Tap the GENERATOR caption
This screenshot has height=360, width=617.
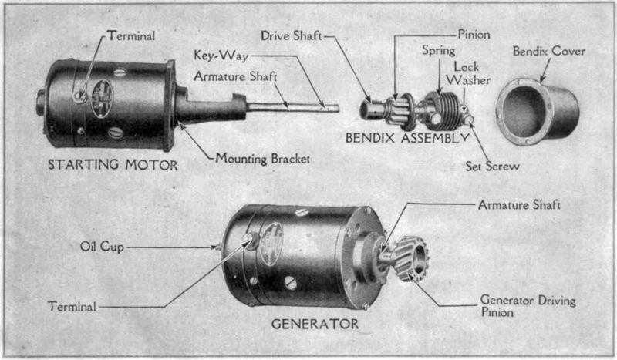click(315, 323)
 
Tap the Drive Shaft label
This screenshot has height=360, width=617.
click(292, 35)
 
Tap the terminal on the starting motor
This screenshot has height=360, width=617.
click(79, 96)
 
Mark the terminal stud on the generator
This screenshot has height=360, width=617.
click(249, 243)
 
